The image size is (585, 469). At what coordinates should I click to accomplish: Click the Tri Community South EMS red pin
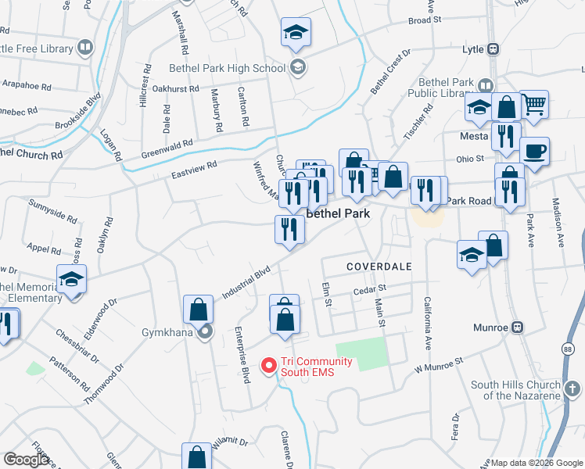268,365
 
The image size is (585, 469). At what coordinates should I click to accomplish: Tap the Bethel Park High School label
227,68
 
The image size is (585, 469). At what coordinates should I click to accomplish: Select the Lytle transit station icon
493,49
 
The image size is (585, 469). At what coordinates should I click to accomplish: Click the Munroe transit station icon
517,328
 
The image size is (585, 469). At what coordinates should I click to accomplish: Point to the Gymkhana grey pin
205,332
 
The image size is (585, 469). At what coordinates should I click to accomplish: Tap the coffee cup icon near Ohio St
534,151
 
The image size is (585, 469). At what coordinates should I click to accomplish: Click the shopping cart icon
533,104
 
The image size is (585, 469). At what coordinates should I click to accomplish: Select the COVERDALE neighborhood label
379,267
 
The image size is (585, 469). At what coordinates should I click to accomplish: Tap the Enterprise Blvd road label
242,345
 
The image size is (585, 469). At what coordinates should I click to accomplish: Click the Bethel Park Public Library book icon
486,86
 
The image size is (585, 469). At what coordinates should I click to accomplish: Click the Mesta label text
475,135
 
